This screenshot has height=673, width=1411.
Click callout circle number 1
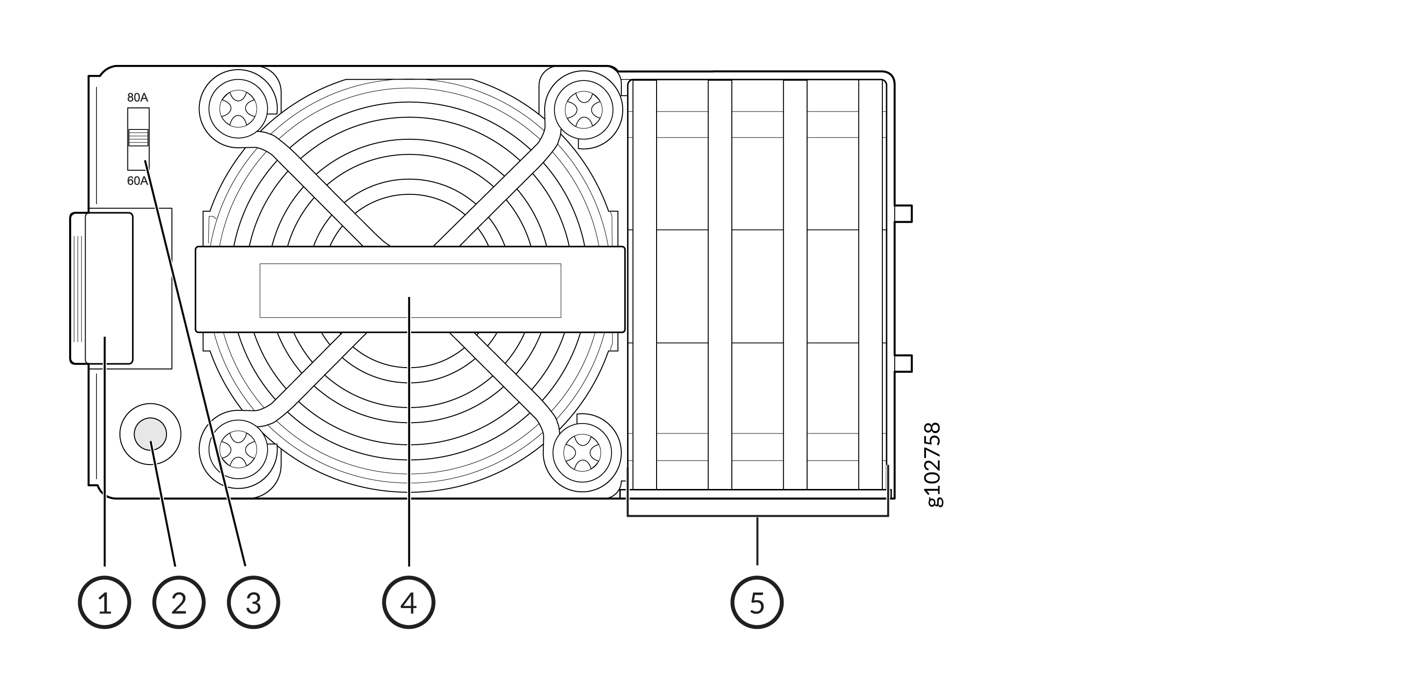pyautogui.click(x=104, y=602)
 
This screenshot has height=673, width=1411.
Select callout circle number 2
pyautogui.click(x=179, y=602)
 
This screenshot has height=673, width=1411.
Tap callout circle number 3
pyautogui.click(x=254, y=602)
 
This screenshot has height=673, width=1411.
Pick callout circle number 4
pyautogui.click(x=409, y=602)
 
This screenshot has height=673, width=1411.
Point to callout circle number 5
pyautogui.click(x=757, y=602)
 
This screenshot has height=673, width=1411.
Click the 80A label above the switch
pyautogui.click(x=137, y=98)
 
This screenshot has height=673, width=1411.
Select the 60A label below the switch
pyautogui.click(x=137, y=181)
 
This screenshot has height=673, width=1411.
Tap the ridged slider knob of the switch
pyautogui.click(x=138, y=137)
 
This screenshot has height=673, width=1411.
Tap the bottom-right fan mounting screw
pyautogui.click(x=582, y=452)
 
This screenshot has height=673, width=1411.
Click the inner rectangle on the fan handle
pyautogui.click(x=410, y=290)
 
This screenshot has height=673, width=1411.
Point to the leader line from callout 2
pyautogui.click(x=164, y=507)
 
